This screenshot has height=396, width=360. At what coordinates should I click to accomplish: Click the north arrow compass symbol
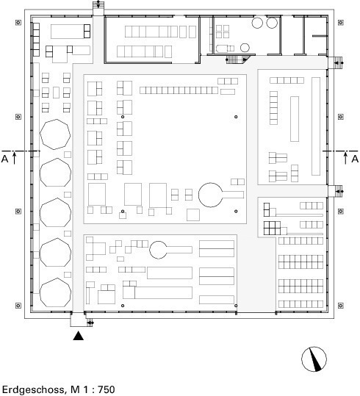click(x=314, y=359)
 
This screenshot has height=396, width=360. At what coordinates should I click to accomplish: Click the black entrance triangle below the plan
click(x=79, y=336)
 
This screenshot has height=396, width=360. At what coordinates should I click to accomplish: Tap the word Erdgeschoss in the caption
click(x=34, y=389)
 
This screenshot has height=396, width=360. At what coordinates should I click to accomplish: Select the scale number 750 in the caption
click(x=107, y=389)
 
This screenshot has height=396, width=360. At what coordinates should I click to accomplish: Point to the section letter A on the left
click(x=5, y=159)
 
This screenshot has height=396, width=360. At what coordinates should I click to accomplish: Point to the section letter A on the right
click(x=355, y=159)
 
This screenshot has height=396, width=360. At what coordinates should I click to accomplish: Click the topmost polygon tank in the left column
click(x=55, y=134)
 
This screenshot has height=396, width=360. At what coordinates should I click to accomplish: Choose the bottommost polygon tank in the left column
click(x=55, y=292)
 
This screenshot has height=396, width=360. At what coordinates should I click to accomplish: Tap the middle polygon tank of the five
click(x=55, y=212)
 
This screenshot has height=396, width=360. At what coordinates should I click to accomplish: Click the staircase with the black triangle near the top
click(x=237, y=60)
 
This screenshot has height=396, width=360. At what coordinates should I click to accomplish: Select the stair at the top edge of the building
click(x=98, y=8)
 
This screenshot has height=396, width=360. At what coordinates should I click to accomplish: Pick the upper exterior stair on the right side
click(x=336, y=62)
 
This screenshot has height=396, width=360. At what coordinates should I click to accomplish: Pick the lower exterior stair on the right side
click(x=336, y=191)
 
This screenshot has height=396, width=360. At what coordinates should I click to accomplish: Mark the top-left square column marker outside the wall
click(x=18, y=23)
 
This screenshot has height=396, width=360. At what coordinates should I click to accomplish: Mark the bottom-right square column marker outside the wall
click(x=341, y=306)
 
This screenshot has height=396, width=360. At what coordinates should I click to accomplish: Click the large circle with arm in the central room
click(x=221, y=195)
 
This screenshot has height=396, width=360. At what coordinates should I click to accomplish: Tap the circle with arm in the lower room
click(x=170, y=250)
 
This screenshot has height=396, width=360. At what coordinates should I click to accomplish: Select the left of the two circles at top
click(x=257, y=23)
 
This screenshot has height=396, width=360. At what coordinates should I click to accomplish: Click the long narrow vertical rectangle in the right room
click(x=316, y=126)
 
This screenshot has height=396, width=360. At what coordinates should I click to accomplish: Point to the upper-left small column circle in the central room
click(x=123, y=117)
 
